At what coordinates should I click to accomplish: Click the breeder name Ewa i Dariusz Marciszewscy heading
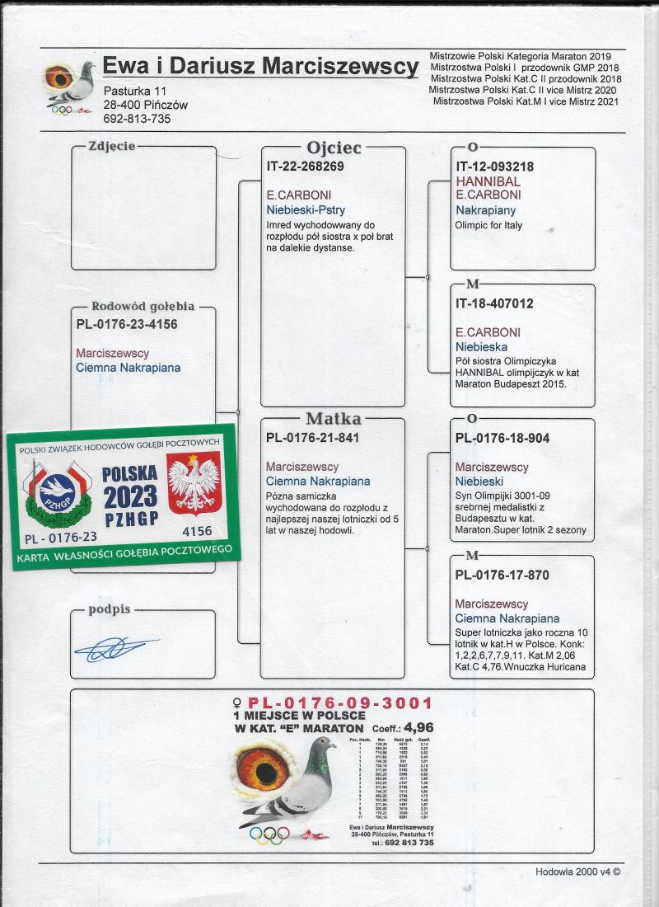pyautogui.click(x=260, y=67)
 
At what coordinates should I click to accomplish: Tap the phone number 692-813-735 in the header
pyautogui.click(x=137, y=119)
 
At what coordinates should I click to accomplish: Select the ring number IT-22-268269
pyautogui.click(x=305, y=166)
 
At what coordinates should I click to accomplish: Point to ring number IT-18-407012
pyautogui.click(x=494, y=303)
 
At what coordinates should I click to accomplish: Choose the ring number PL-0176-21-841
pyautogui.click(x=309, y=438)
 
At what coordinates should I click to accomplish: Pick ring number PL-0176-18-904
pyautogui.click(x=502, y=438)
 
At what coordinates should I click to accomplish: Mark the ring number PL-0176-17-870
pyautogui.click(x=502, y=575)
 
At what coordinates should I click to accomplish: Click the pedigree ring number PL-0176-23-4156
pyautogui.click(x=126, y=324)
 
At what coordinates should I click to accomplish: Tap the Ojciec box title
pyautogui.click(x=334, y=148)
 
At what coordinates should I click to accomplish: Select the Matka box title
pyautogui.click(x=333, y=418)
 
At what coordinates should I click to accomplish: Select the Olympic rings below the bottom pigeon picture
pyautogui.click(x=269, y=835)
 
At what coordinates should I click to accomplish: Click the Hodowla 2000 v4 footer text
pyautogui.click(x=577, y=871)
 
